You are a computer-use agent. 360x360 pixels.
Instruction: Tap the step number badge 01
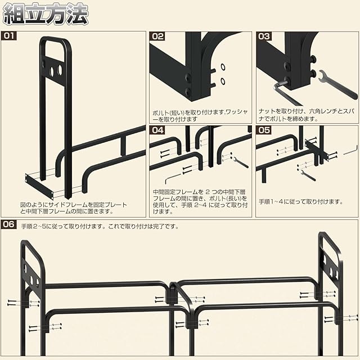[x=10, y=36]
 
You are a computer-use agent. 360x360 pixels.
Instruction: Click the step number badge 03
[x=264, y=36]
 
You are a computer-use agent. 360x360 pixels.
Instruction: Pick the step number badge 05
[x=264, y=130]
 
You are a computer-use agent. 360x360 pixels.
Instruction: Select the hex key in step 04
[x=171, y=176]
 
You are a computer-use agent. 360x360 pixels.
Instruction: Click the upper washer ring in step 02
[x=223, y=66]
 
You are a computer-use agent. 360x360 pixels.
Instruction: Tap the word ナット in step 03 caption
[x=265, y=111]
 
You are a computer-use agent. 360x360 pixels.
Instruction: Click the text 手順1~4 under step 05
[x=272, y=201]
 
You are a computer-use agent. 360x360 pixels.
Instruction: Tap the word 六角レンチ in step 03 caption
[x=319, y=111]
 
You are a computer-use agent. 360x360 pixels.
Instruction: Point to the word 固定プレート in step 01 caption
[x=110, y=205]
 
